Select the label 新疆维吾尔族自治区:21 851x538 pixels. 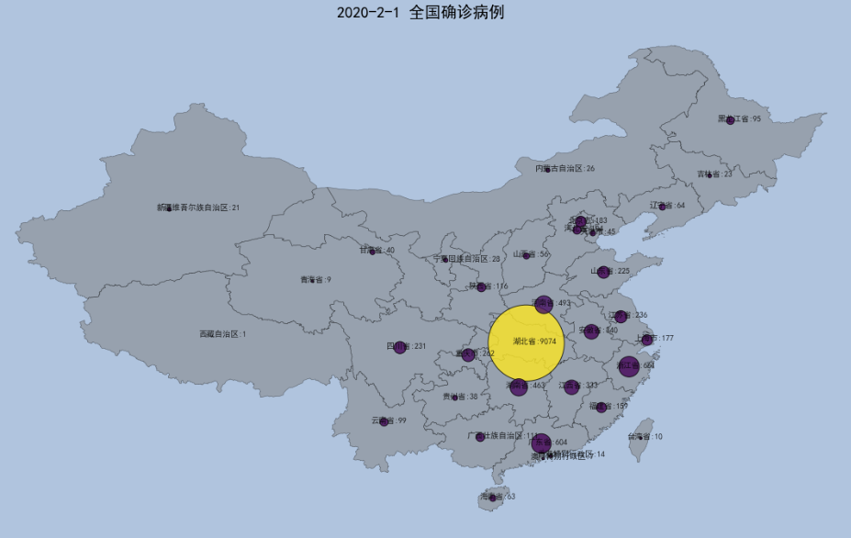click(198, 207)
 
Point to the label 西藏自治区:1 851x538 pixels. click(223, 334)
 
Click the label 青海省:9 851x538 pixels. click(316, 280)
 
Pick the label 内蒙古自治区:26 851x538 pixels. click(565, 169)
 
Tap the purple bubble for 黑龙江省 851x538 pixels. click(730, 120)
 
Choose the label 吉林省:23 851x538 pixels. click(714, 174)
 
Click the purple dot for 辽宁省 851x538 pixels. click(662, 207)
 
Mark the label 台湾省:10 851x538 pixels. click(644, 437)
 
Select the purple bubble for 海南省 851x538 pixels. click(492, 498)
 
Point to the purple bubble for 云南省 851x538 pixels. click(384, 421)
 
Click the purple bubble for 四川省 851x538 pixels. click(399, 347)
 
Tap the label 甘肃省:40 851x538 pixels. click(376, 250)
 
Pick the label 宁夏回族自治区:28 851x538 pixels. click(467, 259)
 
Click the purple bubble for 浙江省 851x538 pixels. click(628, 366)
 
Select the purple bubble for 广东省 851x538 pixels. click(541, 443)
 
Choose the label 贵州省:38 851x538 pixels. click(460, 397)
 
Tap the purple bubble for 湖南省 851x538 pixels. click(519, 387)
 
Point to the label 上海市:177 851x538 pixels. click(655, 339)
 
